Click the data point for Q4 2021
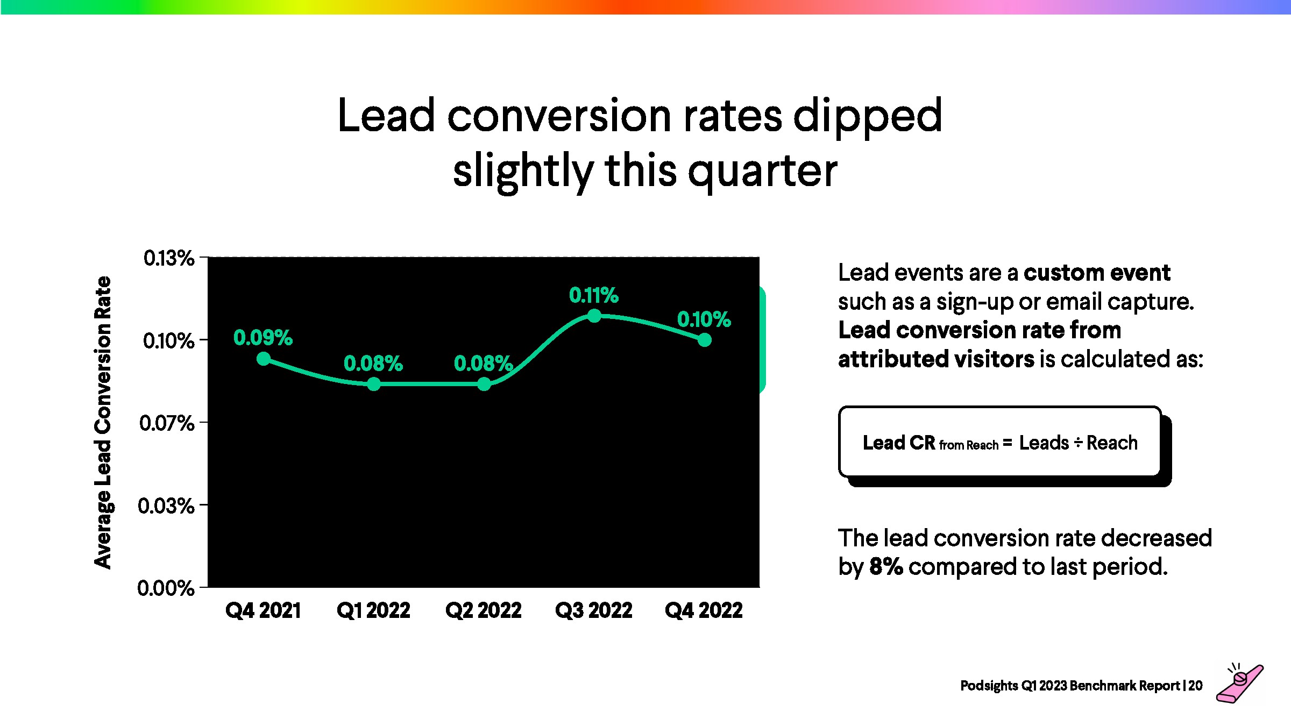tap(264, 359)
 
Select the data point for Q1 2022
tap(374, 384)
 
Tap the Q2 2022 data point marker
tap(484, 384)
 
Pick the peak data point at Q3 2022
tap(594, 316)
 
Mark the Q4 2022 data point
tap(705, 340)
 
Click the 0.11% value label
tap(594, 295)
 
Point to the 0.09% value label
tap(263, 338)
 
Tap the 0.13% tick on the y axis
tap(169, 258)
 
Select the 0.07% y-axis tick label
tap(167, 423)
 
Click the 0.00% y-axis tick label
tap(166, 588)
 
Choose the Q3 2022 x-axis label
tap(594, 611)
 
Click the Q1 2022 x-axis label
tap(373, 611)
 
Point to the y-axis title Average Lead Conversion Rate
tap(103, 423)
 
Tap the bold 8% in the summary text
tap(886, 567)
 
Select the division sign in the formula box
tap(1078, 443)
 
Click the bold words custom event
tap(1097, 273)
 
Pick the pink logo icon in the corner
tap(1240, 683)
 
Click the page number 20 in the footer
tap(1196, 686)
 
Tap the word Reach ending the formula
tap(1112, 443)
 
